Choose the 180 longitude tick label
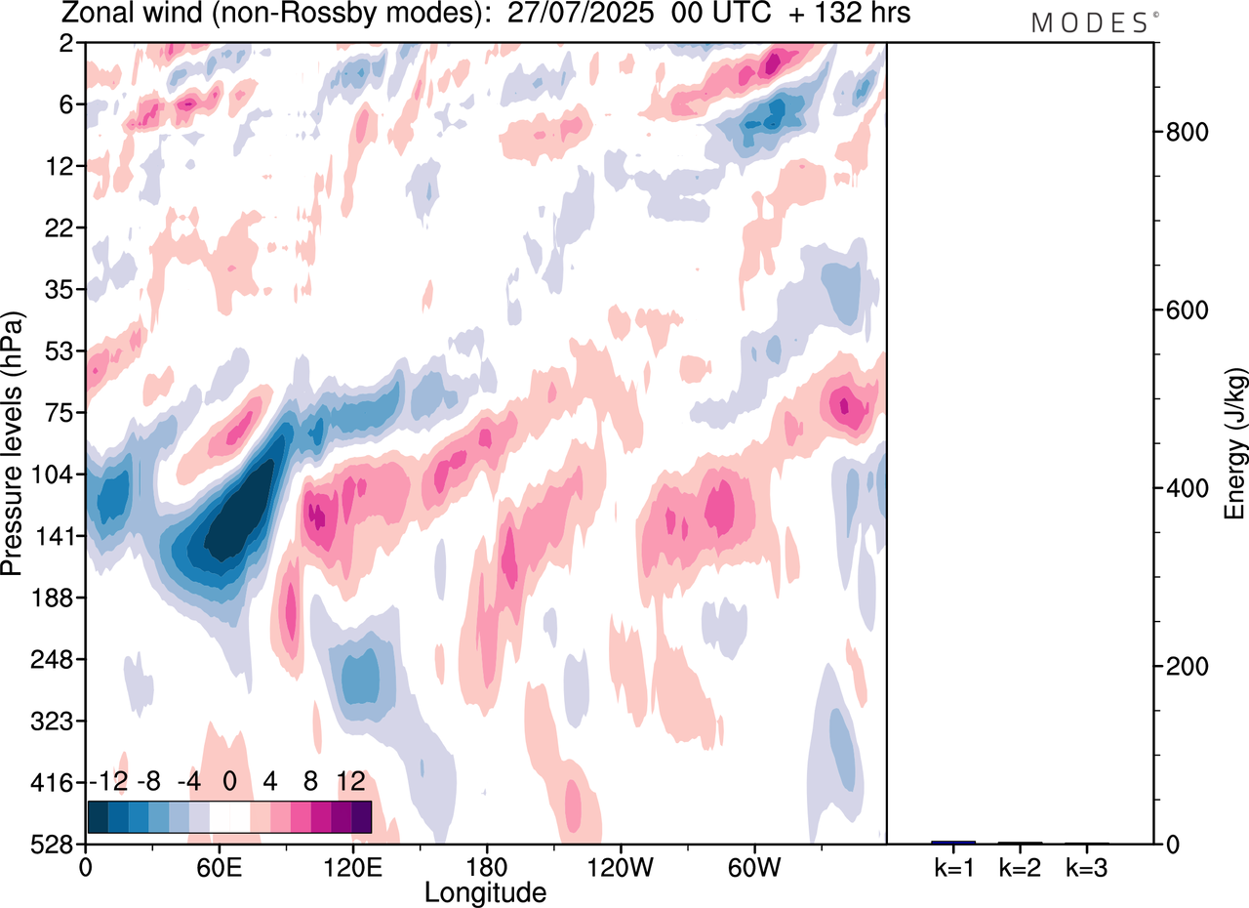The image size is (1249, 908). point(486,865)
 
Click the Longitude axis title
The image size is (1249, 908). point(485,891)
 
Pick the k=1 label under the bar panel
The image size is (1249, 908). point(952,867)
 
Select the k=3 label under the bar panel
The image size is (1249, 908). point(1086,867)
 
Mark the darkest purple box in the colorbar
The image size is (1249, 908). point(361,816)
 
